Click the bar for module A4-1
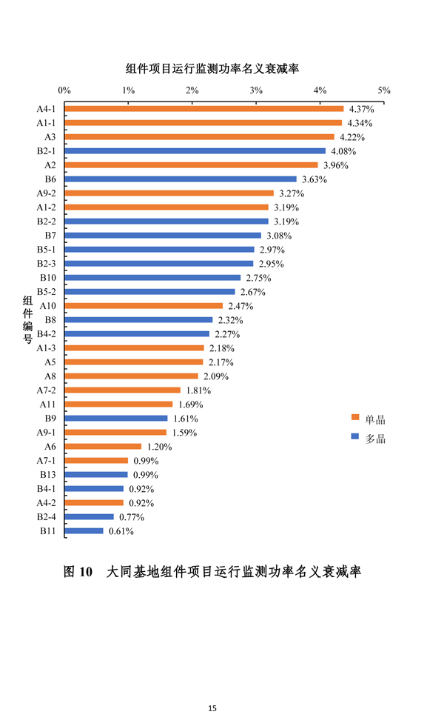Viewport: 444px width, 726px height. tap(203, 109)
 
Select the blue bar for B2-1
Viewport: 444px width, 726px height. tap(195, 151)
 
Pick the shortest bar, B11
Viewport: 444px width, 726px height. tap(84, 531)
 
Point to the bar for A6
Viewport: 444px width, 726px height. tap(103, 447)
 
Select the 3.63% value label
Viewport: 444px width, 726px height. tap(314, 179)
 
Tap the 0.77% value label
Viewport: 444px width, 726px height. tap(131, 517)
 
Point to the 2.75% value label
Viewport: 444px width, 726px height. tap(258, 278)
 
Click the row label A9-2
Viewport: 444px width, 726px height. tap(47, 193)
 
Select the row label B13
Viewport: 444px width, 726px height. tap(47, 475)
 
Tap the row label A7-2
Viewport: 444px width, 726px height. tap(47, 390)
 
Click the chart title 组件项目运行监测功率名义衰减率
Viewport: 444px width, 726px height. tap(212, 68)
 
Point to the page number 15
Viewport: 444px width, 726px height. tap(212, 709)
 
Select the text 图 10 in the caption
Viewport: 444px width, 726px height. tap(78, 572)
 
